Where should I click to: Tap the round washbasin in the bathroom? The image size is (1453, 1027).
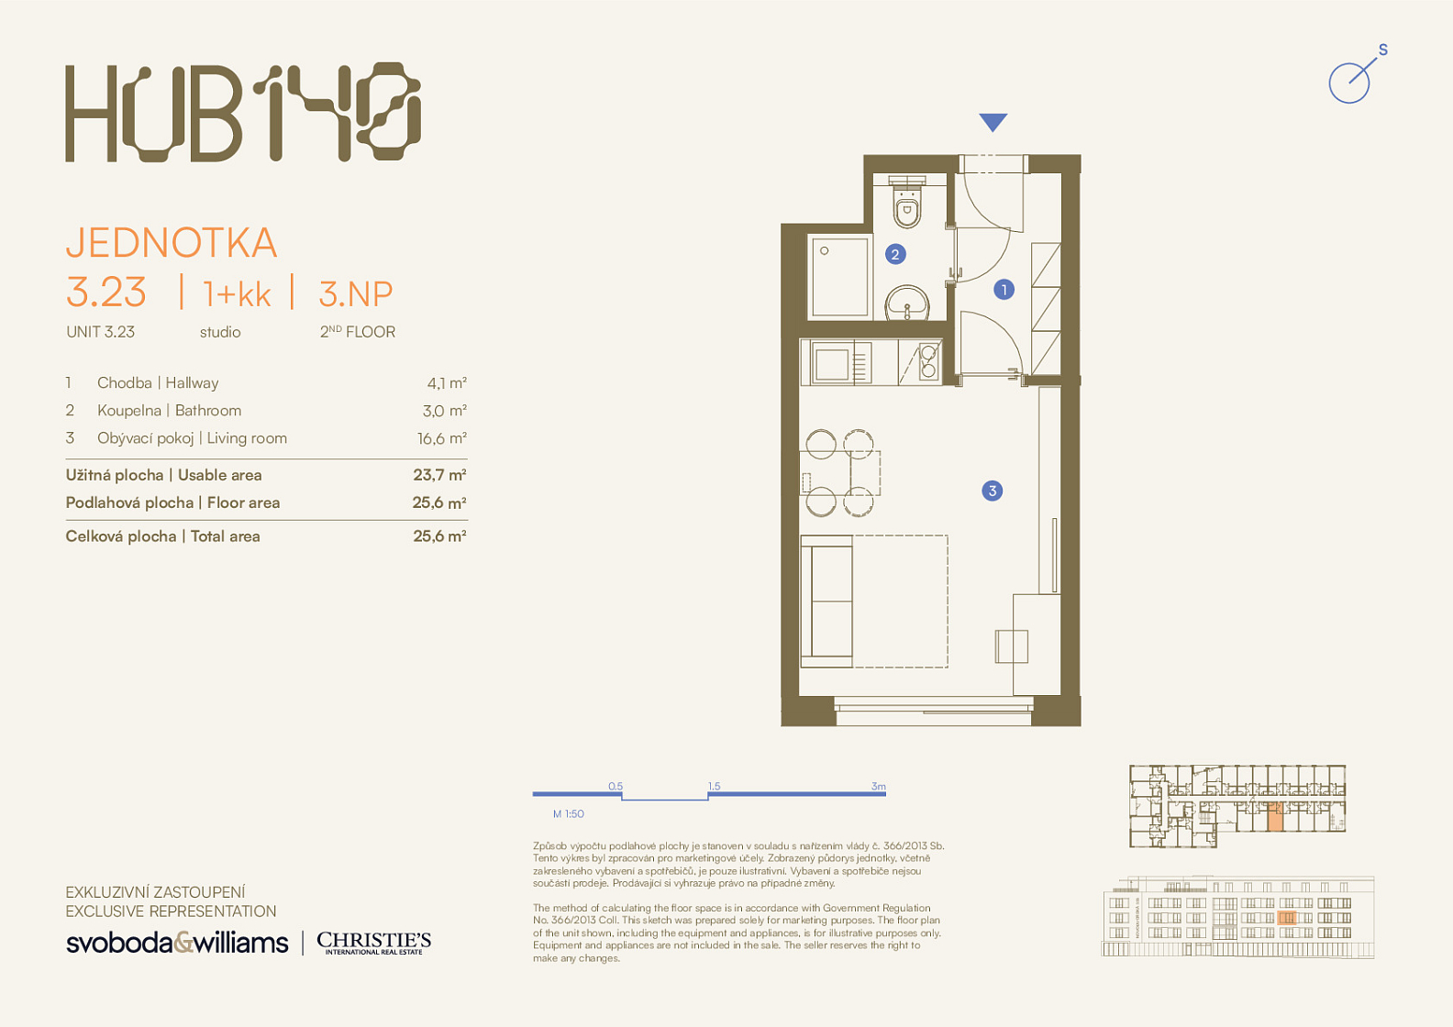coord(907,304)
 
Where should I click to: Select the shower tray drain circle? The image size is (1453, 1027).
coord(825,251)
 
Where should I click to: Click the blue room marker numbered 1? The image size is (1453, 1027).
coord(1004,289)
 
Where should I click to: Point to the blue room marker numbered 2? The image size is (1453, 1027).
coord(895,254)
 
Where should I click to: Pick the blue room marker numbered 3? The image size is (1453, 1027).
coord(992,491)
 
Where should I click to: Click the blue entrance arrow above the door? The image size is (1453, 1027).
coord(993,122)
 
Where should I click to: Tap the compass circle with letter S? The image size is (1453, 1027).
coord(1349,83)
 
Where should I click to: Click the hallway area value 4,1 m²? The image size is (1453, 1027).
coord(447,383)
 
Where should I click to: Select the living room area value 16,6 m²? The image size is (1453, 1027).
coord(442,438)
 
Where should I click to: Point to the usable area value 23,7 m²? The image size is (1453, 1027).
coord(439,475)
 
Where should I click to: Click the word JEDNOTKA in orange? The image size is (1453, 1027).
coord(172,243)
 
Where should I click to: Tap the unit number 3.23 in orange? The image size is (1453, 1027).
coord(106,293)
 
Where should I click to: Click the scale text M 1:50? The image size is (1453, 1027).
coord(568,813)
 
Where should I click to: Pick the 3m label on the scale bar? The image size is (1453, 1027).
coord(878,786)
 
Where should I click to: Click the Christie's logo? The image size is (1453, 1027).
coord(373,943)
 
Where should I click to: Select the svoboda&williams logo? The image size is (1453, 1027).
coord(177,943)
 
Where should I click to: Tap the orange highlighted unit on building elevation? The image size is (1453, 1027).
coord(1287,918)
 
